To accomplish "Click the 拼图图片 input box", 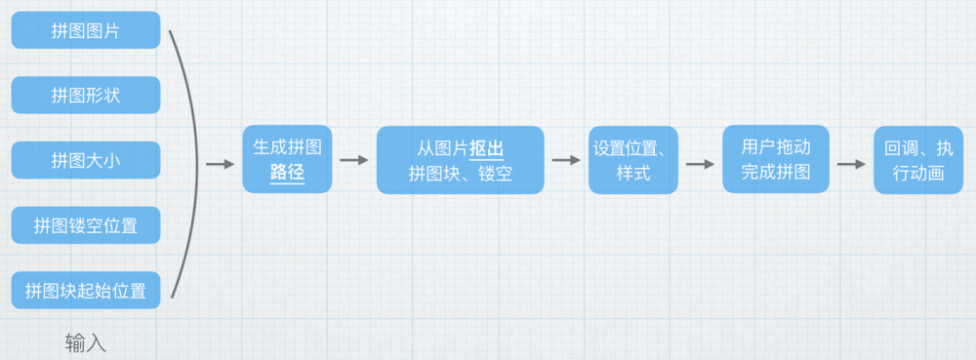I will pyautogui.click(x=86, y=30).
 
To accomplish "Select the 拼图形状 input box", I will pyautogui.click(x=86, y=95).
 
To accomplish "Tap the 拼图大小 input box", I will pyautogui.click(x=86, y=160).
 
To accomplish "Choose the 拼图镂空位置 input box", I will pyautogui.click(x=86, y=225).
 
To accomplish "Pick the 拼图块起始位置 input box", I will pyautogui.click(x=86, y=290).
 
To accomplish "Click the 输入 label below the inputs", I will pyautogui.click(x=86, y=342).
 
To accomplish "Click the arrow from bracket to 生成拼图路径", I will pyautogui.click(x=220, y=163).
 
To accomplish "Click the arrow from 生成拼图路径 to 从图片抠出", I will pyautogui.click(x=356, y=161).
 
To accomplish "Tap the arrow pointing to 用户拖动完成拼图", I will pyautogui.click(x=700, y=163).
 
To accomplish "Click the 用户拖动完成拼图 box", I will pyautogui.click(x=776, y=159).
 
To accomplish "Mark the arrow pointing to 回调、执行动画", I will pyautogui.click(x=851, y=163).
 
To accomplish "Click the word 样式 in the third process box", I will pyautogui.click(x=632, y=175).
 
